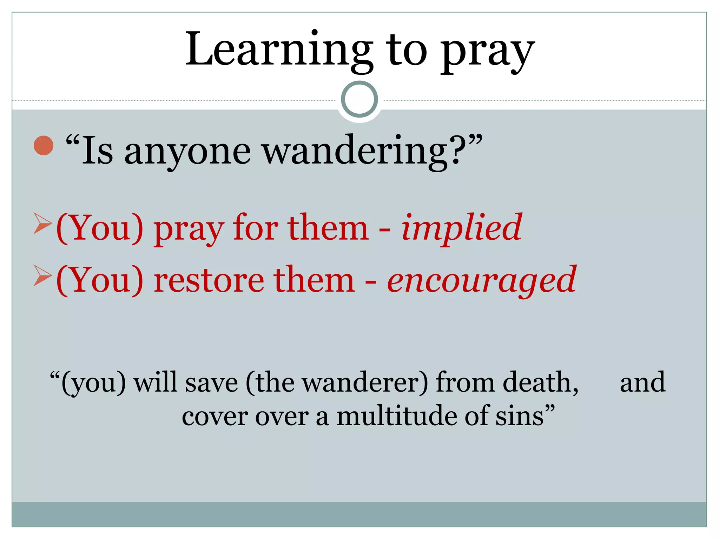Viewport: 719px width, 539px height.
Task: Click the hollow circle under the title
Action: tap(359, 99)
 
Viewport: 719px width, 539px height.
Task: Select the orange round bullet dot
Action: tap(44, 145)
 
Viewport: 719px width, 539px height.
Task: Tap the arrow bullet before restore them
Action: tap(42, 275)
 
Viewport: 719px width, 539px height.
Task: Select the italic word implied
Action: tap(462, 228)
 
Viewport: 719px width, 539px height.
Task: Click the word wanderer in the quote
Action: tap(365, 382)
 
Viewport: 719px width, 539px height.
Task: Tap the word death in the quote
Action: tap(541, 382)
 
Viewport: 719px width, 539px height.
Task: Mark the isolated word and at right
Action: tap(642, 382)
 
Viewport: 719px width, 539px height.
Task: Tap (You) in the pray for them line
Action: tap(100, 228)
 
